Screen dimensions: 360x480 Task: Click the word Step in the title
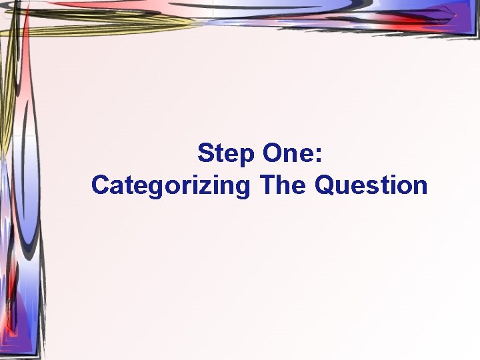[x=225, y=154]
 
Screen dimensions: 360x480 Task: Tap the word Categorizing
[x=171, y=185]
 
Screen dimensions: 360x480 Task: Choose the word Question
[x=371, y=185]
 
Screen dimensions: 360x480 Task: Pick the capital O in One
[x=272, y=154]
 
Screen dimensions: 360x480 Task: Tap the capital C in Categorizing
[x=101, y=185]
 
